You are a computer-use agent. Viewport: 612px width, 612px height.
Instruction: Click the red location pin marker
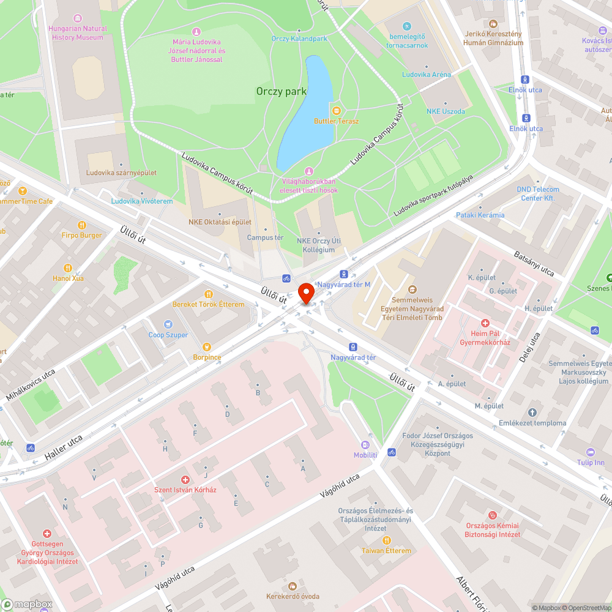point(305,292)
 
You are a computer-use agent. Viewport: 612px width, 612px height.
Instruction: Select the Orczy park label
point(281,91)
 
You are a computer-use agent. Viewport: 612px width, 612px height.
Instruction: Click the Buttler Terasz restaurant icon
point(336,110)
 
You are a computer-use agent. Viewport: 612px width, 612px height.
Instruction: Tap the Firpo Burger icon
point(82,225)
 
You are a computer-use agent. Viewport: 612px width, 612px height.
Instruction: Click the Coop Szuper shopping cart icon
point(168,324)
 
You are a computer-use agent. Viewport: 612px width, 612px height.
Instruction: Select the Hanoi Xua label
point(69,278)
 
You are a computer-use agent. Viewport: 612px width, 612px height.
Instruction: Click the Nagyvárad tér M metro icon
point(344,274)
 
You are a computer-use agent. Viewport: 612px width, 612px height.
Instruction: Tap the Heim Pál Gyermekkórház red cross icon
point(485,323)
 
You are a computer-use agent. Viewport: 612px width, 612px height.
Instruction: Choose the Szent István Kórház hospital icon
point(185,480)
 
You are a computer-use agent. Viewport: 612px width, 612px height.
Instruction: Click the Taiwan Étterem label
point(387,550)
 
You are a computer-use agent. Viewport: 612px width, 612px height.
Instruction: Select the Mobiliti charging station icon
point(365,445)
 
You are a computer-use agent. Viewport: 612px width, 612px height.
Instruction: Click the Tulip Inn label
point(591,462)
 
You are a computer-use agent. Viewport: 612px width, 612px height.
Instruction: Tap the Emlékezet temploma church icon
point(532,412)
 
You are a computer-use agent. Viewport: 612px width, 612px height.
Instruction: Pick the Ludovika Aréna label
point(426,74)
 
